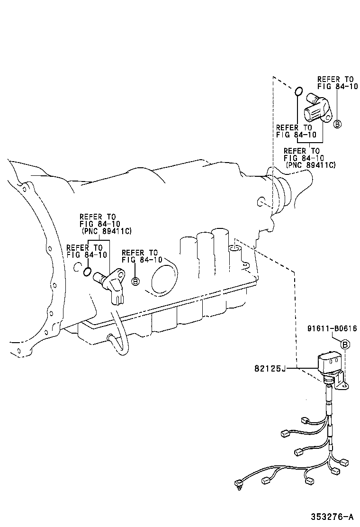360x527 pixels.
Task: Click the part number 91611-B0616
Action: tap(332, 329)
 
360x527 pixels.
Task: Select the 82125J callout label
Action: tap(270, 368)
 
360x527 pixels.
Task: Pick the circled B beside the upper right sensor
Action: tap(337, 124)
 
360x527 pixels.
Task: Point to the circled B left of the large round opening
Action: tap(135, 281)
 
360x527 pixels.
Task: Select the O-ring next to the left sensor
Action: tap(87, 272)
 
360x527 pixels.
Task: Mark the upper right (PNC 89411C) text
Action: tap(310, 164)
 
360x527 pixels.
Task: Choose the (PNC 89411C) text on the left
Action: tap(106, 231)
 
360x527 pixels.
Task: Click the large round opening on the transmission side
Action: tap(162, 280)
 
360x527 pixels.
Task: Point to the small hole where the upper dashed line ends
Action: tap(261, 203)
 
